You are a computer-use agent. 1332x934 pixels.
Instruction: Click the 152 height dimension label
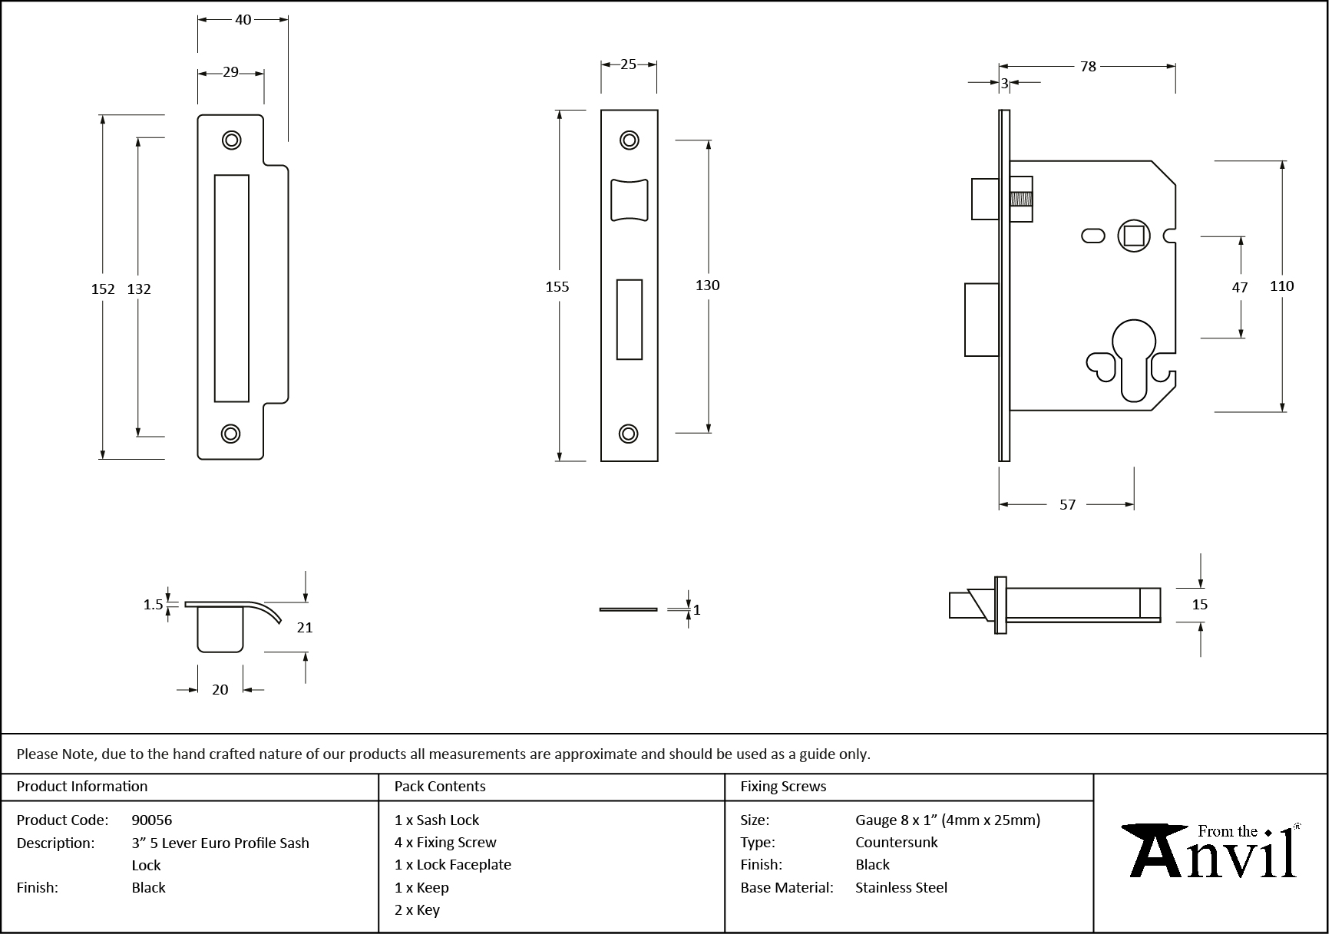pyautogui.click(x=103, y=289)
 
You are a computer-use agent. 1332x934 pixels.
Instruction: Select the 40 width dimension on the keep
pyautogui.click(x=243, y=20)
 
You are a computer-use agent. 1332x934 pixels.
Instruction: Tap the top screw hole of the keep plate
pyautogui.click(x=231, y=140)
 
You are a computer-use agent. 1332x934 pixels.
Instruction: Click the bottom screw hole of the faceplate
pyautogui.click(x=629, y=434)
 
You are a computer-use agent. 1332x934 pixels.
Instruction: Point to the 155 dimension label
pyautogui.click(x=557, y=286)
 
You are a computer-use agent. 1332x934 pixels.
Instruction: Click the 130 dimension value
pyautogui.click(x=707, y=285)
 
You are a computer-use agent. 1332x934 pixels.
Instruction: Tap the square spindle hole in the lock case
pyautogui.click(x=1133, y=235)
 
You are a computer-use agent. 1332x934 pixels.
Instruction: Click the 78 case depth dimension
pyautogui.click(x=1088, y=67)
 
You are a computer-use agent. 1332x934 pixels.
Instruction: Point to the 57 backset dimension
pyautogui.click(x=1067, y=504)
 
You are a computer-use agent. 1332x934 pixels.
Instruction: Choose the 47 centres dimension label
pyautogui.click(x=1240, y=287)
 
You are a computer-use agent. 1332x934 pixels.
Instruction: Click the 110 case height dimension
pyautogui.click(x=1281, y=285)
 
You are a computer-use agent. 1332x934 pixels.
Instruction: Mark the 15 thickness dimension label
pyautogui.click(x=1199, y=604)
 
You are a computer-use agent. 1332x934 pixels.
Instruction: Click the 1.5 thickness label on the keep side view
pyautogui.click(x=153, y=604)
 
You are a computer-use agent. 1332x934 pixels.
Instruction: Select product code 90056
pyautogui.click(x=152, y=820)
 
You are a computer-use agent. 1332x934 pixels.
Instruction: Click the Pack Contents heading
pyautogui.click(x=440, y=786)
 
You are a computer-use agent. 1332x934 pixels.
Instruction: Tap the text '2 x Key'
pyautogui.click(x=417, y=909)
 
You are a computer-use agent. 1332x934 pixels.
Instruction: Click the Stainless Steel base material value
pyautogui.click(x=901, y=887)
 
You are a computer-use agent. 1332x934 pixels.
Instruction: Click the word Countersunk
pyautogui.click(x=897, y=842)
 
